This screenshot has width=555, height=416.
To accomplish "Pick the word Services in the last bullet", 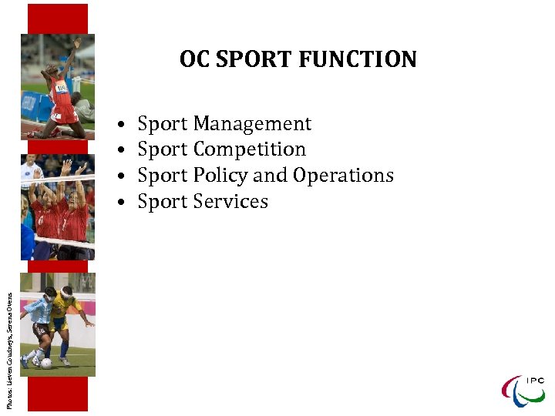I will (231, 202).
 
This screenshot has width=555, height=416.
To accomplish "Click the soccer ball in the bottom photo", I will (47, 363).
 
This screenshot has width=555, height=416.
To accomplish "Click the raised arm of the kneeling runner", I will (74, 54).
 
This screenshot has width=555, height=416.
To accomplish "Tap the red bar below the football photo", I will (58, 393).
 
